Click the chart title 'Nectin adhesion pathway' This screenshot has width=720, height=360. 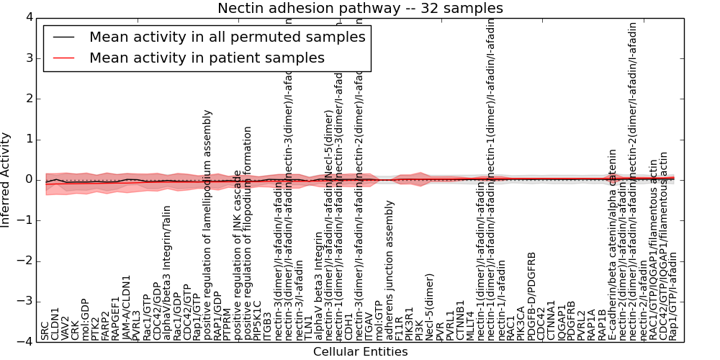click(360, 9)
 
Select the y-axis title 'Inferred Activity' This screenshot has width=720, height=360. click(6, 179)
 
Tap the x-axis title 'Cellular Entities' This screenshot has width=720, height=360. click(360, 352)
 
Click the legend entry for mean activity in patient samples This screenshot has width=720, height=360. click(207, 58)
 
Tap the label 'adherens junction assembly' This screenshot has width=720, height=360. click(390, 270)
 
